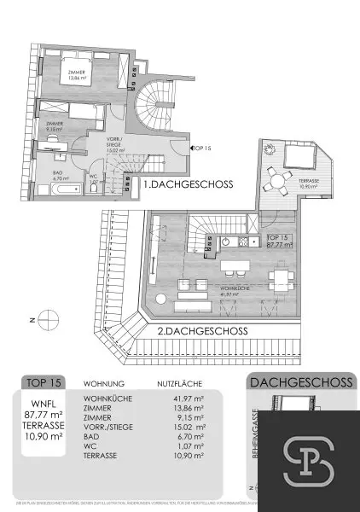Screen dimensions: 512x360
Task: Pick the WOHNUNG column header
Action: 104,384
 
